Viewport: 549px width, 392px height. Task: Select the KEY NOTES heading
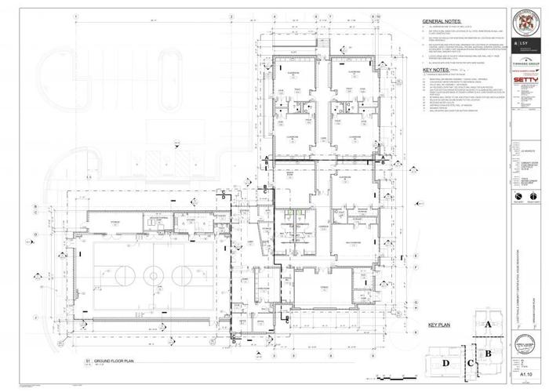[x=434, y=70]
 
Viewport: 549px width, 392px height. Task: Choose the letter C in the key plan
[x=469, y=363]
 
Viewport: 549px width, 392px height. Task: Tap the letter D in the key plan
[x=445, y=363]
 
